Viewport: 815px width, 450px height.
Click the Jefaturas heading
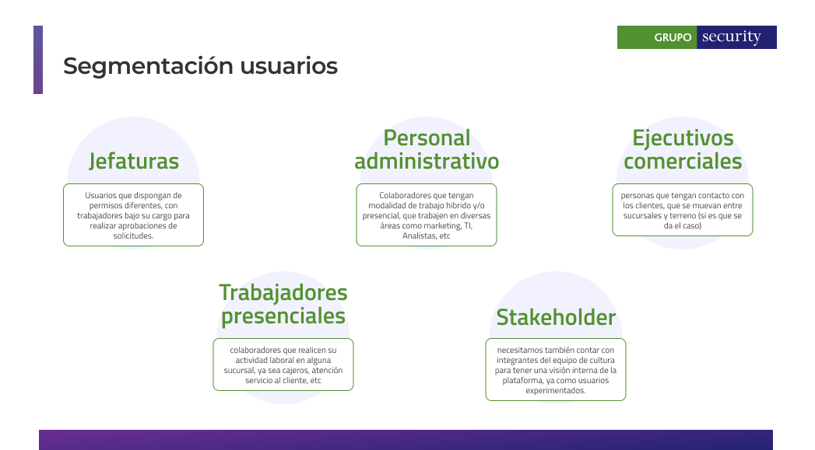click(134, 162)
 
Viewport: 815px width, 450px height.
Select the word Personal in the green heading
click(427, 138)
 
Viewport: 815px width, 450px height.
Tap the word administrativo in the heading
click(427, 161)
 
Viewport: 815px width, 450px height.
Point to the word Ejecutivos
click(683, 138)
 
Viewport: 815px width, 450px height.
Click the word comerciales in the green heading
click(683, 161)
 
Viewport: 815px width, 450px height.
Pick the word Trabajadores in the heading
click(283, 293)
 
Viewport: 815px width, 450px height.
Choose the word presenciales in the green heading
click(283, 316)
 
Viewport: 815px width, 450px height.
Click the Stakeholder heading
click(556, 317)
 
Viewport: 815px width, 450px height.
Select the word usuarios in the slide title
click(289, 66)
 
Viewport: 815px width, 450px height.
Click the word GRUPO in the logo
click(673, 37)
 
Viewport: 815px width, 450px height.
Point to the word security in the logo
click(731, 37)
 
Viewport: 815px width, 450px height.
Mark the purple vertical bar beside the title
click(38, 60)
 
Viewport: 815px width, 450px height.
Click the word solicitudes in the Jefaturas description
click(134, 235)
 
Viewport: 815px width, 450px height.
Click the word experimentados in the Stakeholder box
click(556, 390)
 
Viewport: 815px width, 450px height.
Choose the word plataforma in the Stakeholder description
click(521, 381)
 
